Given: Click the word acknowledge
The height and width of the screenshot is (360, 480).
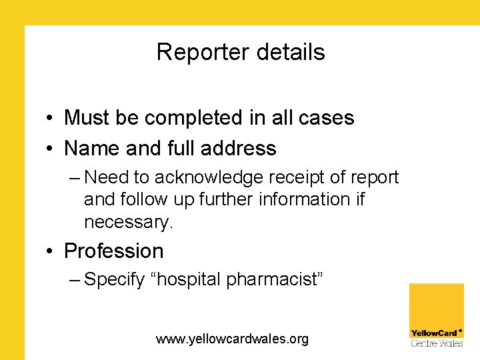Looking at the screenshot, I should click(207, 178).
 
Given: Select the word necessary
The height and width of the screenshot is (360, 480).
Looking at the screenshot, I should click(128, 222).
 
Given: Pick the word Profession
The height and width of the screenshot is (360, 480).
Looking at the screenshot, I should click(113, 251).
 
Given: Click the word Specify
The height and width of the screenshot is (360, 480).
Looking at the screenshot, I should click(114, 280).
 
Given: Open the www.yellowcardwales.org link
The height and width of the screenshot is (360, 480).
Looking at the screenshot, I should click(232, 339).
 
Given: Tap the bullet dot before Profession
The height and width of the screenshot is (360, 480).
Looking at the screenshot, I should click(51, 252).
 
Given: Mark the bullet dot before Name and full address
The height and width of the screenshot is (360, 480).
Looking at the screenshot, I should click(51, 149).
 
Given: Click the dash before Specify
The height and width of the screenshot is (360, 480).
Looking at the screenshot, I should click(74, 280).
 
